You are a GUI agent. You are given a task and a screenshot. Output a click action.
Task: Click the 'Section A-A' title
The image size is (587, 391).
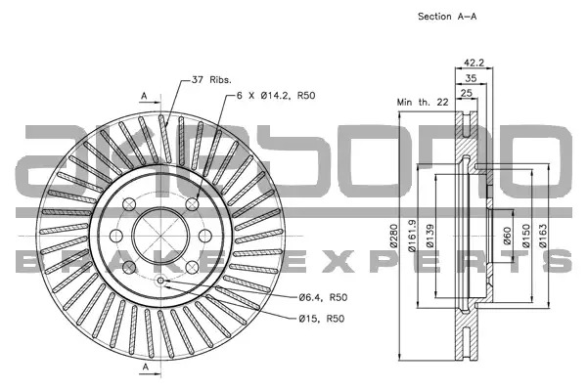point(447,17)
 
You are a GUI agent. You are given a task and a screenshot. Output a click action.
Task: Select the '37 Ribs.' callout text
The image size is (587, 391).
point(211,80)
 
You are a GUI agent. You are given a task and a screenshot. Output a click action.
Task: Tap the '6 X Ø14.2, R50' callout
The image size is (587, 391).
point(276,96)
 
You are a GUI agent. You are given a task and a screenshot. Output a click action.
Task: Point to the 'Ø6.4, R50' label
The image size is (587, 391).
point(323,297)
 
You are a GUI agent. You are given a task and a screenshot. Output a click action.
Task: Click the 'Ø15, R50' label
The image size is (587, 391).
point(322,319)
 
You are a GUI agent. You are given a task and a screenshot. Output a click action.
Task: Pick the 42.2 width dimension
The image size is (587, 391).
point(474,63)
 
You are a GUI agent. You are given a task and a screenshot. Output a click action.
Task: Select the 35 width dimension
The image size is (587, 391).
point(471,78)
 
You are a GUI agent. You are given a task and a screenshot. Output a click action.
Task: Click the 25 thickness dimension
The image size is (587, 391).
point(466,93)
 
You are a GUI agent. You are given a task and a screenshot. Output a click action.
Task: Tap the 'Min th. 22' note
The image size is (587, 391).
point(423,102)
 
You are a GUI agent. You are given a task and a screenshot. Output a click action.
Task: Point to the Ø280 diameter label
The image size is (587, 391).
point(393,236)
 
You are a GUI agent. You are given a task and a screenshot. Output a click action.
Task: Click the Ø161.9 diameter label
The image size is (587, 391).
point(412,236)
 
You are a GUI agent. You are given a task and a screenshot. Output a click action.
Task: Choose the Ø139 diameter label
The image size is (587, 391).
point(429,236)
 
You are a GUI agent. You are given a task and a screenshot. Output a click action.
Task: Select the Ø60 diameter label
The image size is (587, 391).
point(507,236)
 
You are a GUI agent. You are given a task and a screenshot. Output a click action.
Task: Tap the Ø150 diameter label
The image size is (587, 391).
point(526,236)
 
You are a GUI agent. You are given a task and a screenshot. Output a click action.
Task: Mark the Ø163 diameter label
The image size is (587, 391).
point(543,236)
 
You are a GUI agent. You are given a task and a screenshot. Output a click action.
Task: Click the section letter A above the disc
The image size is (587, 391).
point(144,96)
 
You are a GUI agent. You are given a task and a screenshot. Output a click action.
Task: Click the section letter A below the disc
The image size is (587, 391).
point(146,368)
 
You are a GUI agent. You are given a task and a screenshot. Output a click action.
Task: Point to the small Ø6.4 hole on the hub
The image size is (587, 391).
point(161,281)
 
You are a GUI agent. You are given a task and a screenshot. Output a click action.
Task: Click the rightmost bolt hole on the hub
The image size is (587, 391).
point(205,237)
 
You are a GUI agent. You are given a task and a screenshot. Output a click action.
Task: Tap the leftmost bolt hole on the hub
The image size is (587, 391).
point(116,237)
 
